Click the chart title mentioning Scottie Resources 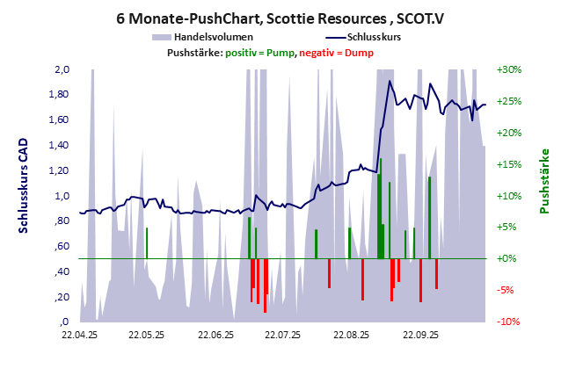[280, 17]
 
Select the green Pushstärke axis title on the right [544, 181]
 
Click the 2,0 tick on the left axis [62, 69]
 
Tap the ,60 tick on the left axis [62, 246]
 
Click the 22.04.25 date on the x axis [79, 335]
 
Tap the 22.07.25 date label [284, 335]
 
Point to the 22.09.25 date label [420, 335]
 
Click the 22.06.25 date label [215, 335]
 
